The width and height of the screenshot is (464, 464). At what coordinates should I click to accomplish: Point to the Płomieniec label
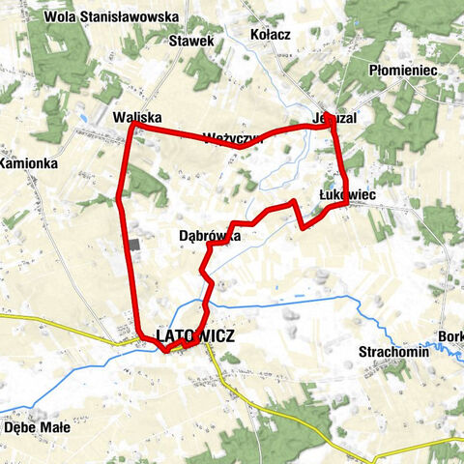tap(404, 71)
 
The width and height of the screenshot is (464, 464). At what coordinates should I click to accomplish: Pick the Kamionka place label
tap(29, 163)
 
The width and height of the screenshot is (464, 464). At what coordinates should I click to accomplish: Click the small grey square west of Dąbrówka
tap(133, 245)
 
